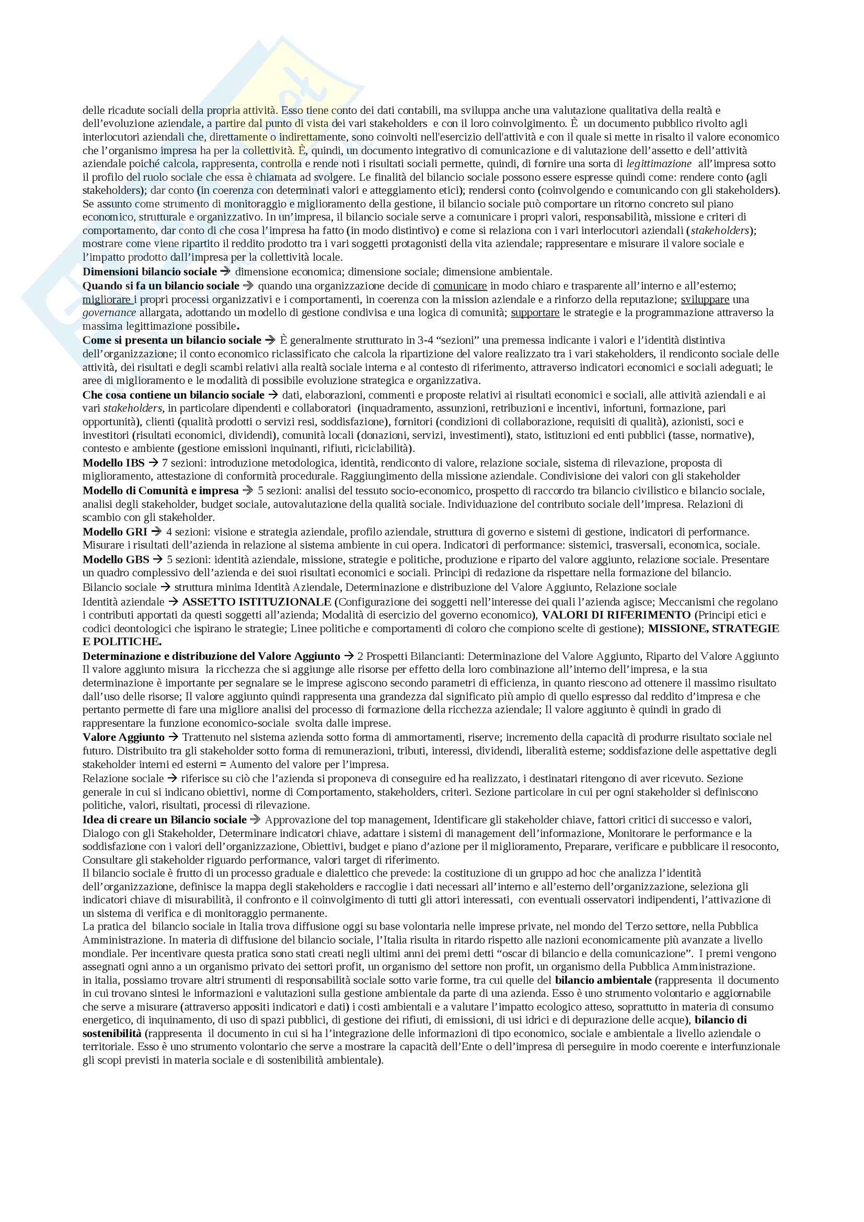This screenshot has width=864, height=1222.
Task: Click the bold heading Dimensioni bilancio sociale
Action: point(149,272)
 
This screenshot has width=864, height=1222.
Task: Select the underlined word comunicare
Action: point(460,286)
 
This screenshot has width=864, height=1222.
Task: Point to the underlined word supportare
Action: point(535,312)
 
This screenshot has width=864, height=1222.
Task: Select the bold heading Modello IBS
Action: point(113,462)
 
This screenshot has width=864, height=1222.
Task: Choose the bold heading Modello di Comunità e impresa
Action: point(160,490)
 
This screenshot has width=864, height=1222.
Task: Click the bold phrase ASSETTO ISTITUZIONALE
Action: point(257,602)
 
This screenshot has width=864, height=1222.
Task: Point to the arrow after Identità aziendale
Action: point(173,602)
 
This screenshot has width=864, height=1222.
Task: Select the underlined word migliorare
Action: point(107,299)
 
